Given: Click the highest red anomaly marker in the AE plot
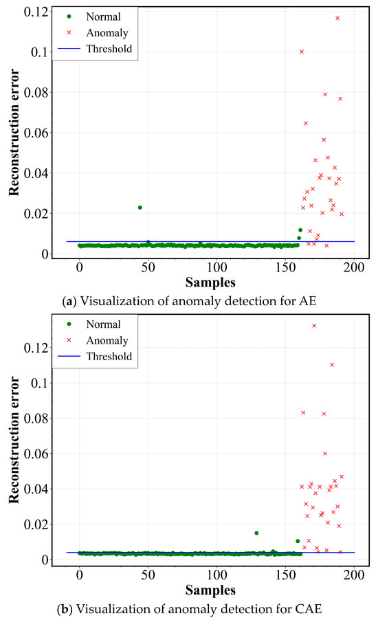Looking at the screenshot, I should (337, 18).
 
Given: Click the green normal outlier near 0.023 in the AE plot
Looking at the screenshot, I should (140, 208).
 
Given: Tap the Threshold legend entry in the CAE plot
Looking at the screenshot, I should (107, 357).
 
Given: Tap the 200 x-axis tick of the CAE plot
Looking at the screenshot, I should (355, 575).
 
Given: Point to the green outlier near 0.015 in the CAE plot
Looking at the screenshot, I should (256, 533).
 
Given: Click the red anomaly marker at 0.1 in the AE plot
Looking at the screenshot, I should (302, 52).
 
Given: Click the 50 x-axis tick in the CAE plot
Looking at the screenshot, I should (148, 575).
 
